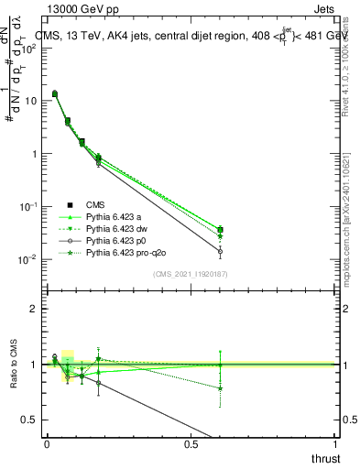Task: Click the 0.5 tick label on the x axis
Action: tap(191, 444)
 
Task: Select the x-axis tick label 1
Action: tap(335, 444)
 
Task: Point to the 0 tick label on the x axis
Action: tap(47, 444)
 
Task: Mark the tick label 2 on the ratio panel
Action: tap(34, 309)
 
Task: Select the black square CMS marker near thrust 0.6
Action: tap(220, 230)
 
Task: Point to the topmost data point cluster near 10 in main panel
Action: tap(55, 93)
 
